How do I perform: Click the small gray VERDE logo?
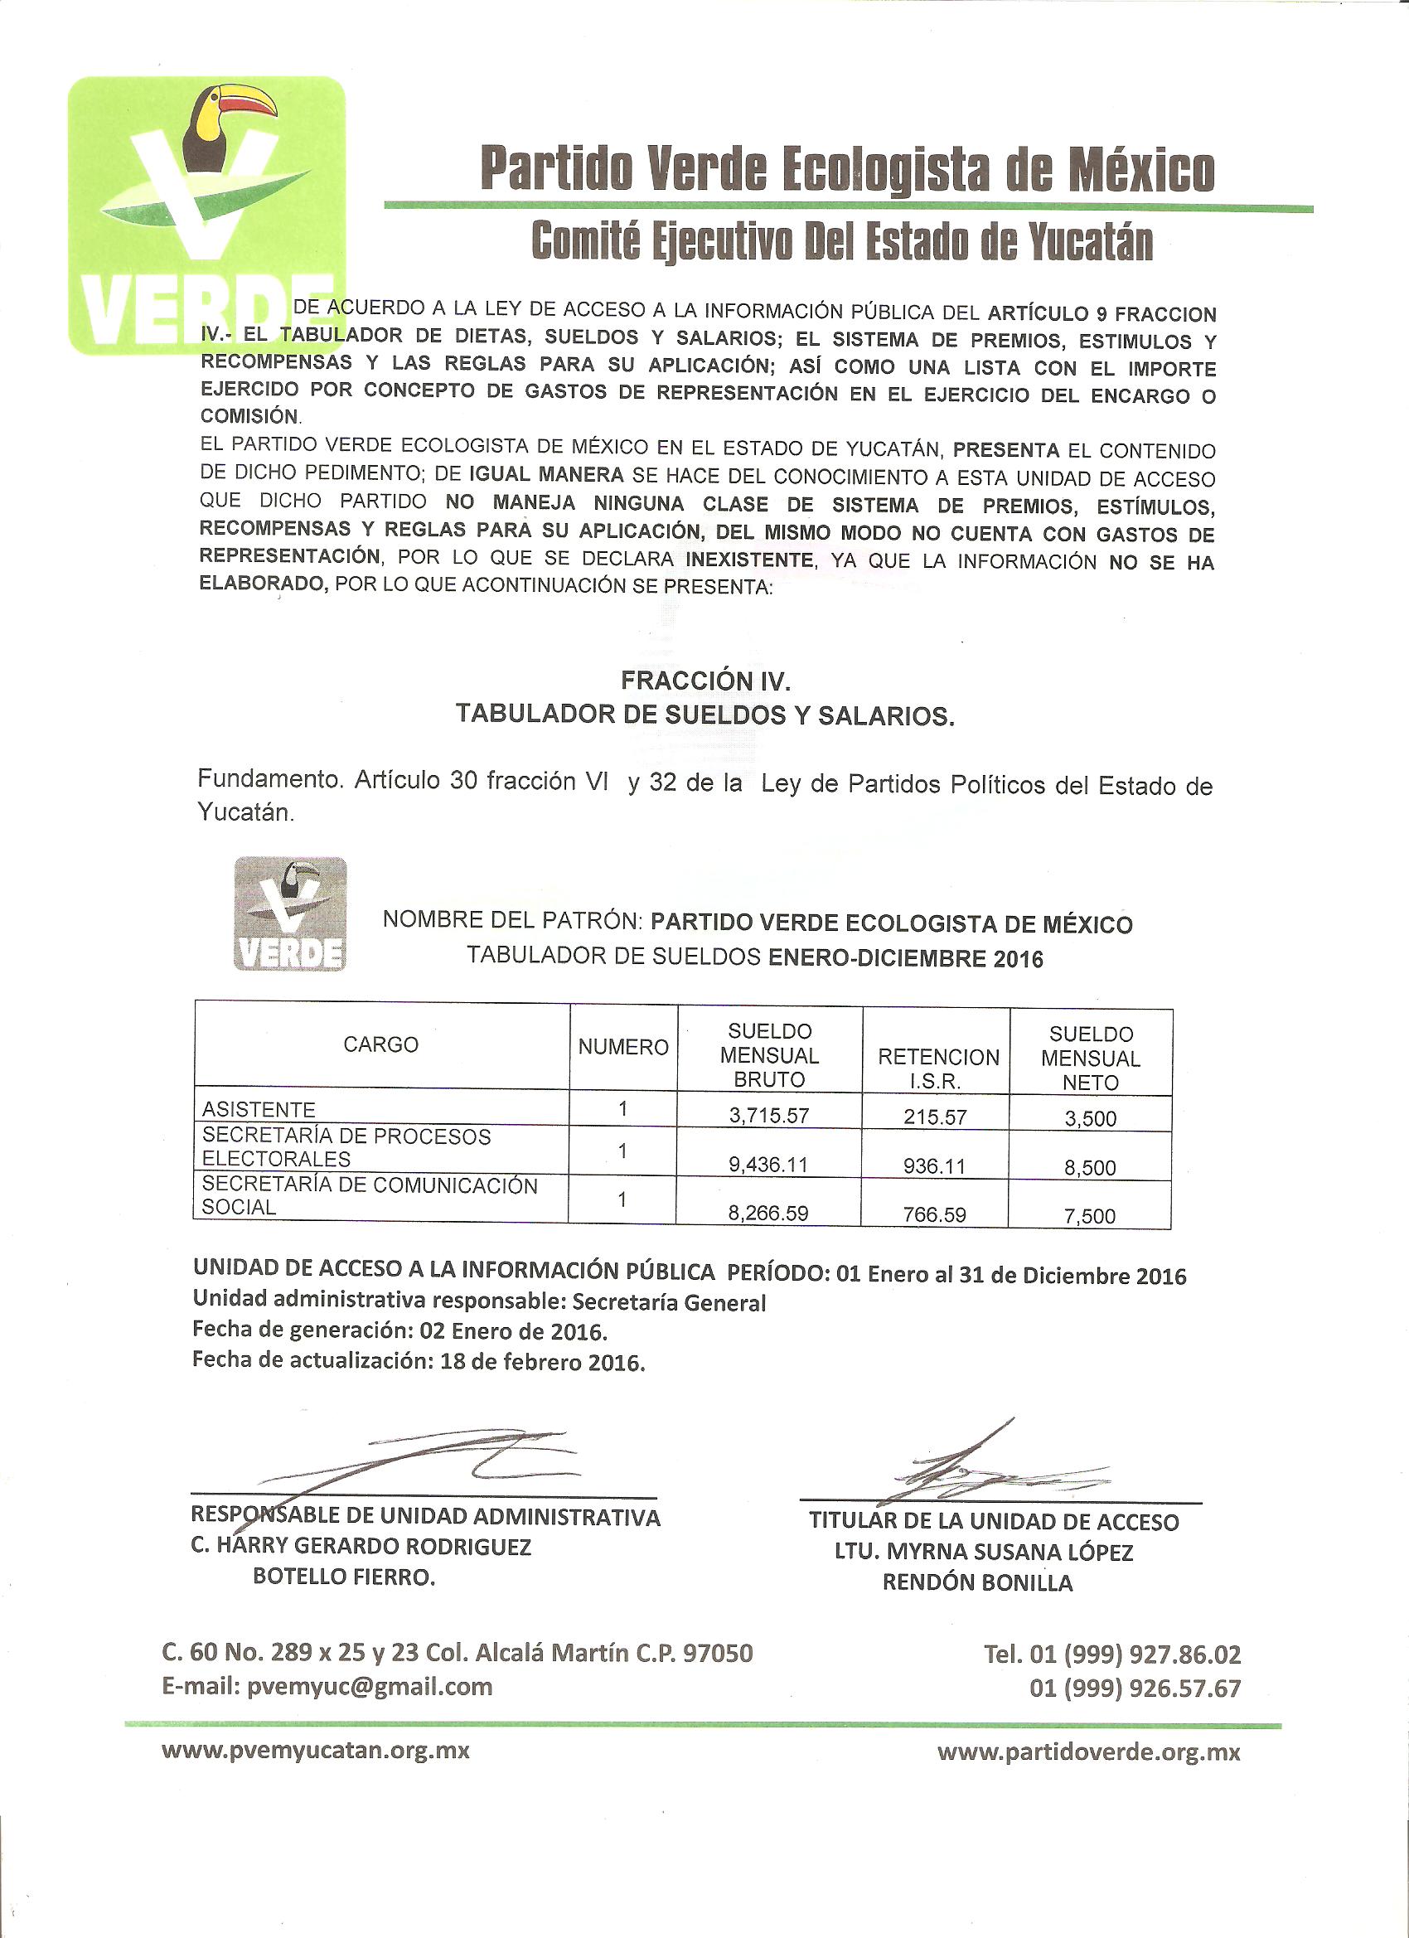[x=291, y=913]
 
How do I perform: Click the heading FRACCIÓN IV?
[x=705, y=681]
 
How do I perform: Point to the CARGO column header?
[x=381, y=1044]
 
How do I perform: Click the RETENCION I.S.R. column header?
[x=937, y=1068]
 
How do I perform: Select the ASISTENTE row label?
[x=259, y=1109]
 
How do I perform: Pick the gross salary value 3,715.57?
[x=769, y=1115]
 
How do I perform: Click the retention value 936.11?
[x=936, y=1165]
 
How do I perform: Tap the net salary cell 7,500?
[x=1089, y=1216]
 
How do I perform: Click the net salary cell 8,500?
[x=1089, y=1167]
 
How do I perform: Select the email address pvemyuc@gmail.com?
[x=369, y=1686]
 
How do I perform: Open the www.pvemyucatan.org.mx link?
[x=316, y=1751]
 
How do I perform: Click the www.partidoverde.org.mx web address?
[x=1088, y=1752]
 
